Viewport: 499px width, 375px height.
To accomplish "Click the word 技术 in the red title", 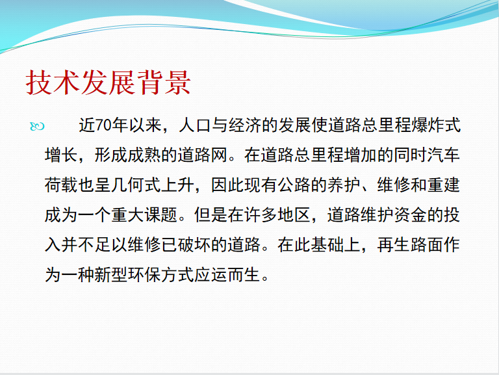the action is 53,83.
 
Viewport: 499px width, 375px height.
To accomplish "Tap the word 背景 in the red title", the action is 163,83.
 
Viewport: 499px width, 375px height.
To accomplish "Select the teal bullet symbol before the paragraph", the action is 37,126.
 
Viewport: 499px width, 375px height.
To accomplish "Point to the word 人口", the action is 195,125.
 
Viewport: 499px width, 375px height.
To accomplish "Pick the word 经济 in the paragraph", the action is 245,125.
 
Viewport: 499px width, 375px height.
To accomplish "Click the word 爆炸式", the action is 436,125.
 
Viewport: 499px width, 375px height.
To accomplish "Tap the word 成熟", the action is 144,155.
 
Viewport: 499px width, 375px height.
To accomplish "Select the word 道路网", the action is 203,155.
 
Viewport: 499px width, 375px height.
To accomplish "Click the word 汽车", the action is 444,155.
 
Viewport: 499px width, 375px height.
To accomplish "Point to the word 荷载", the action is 62,185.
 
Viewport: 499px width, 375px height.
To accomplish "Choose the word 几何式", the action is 136,185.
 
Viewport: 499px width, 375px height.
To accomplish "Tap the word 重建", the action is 444,185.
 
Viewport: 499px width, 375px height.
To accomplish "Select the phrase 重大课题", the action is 144,215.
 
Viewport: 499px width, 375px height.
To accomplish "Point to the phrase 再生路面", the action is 411,245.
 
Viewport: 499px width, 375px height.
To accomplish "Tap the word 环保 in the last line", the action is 144,275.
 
